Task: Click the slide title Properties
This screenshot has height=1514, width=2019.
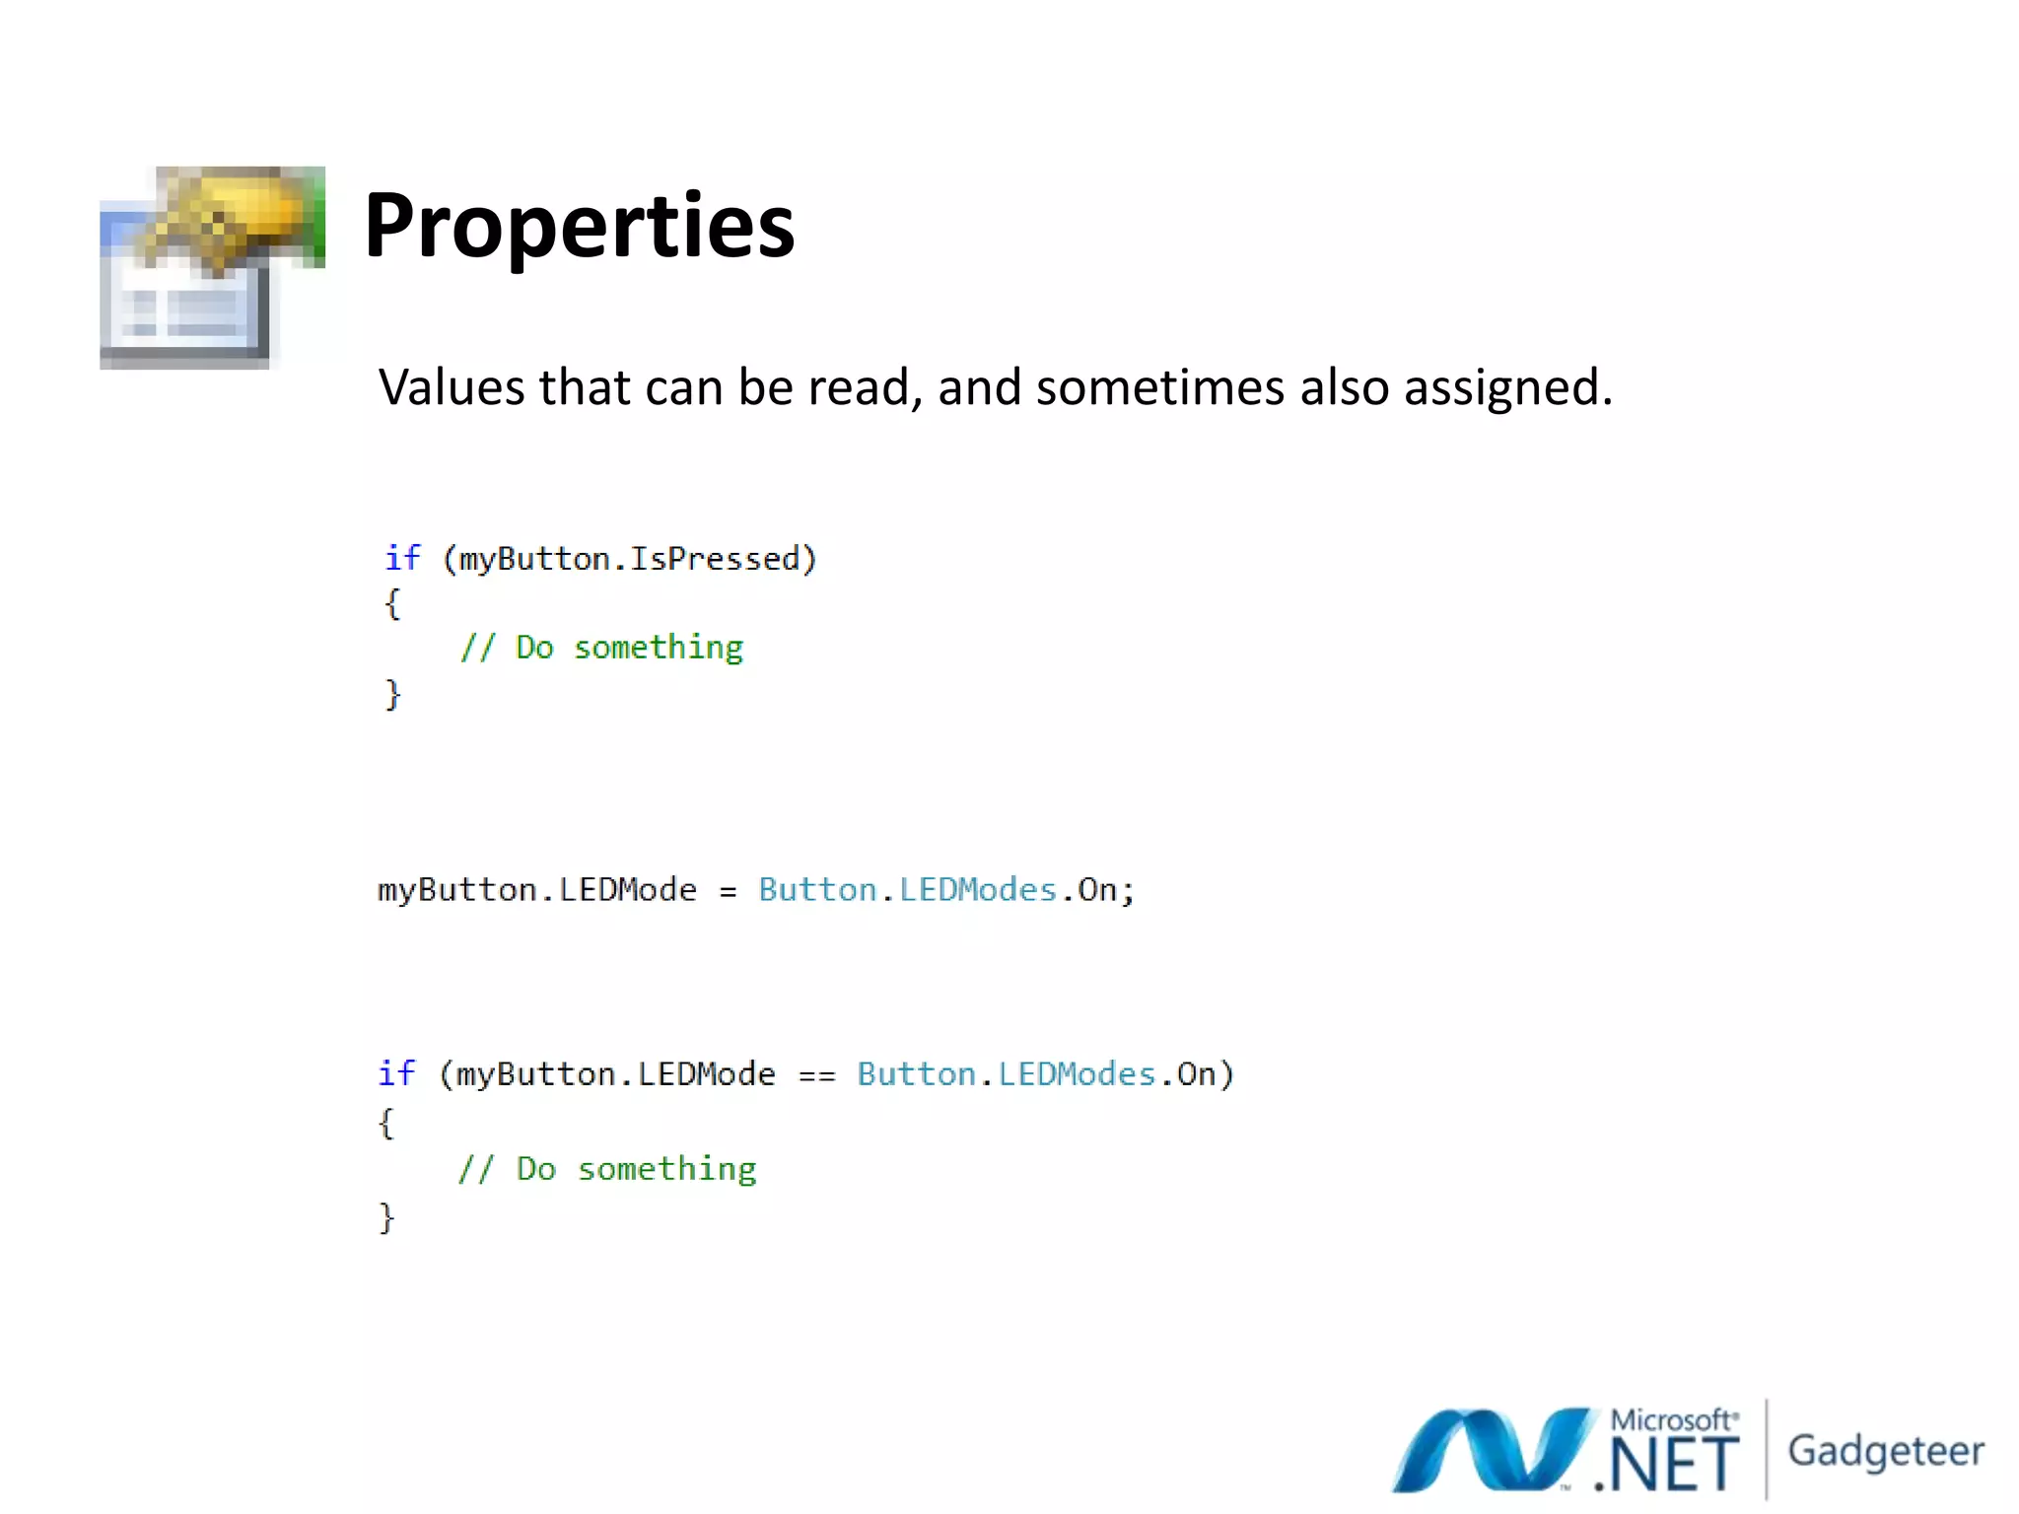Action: tap(579, 227)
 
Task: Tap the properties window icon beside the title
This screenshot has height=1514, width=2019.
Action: tap(211, 268)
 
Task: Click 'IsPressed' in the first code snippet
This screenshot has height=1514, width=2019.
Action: tap(715, 559)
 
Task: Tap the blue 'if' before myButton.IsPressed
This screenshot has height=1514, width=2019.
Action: tap(402, 558)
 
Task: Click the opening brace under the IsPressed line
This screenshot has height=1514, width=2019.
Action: tap(392, 603)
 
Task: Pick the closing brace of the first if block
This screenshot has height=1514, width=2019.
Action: tap(392, 694)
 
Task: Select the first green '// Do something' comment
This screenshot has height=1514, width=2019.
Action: tap(601, 648)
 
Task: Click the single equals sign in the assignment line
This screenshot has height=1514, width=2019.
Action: tap(728, 892)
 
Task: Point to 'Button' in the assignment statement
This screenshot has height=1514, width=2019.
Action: tap(817, 890)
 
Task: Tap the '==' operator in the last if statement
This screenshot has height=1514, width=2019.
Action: tap(816, 1075)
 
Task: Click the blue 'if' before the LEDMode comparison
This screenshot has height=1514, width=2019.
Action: tap(396, 1072)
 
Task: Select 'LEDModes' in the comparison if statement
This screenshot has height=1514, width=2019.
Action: tap(1077, 1073)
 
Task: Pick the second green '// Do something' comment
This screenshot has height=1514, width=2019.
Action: tap(607, 1169)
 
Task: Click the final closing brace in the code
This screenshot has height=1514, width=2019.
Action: tap(386, 1218)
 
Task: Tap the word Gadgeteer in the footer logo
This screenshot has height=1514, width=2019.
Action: tap(1885, 1452)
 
